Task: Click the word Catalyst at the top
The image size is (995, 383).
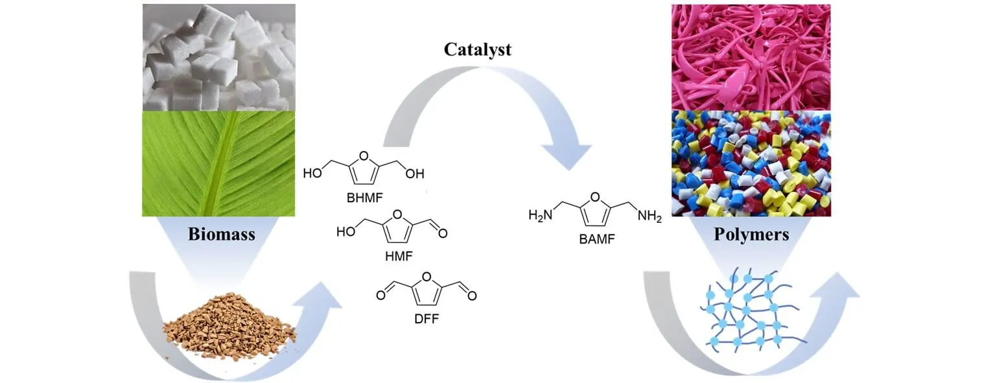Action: [x=477, y=49]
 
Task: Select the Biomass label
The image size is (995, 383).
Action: [x=222, y=234]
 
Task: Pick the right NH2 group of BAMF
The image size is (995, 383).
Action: [x=650, y=216]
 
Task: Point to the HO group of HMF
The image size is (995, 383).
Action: [x=345, y=231]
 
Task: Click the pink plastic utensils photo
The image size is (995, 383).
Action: [x=751, y=57]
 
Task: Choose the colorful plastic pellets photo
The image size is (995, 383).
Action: [x=751, y=163]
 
